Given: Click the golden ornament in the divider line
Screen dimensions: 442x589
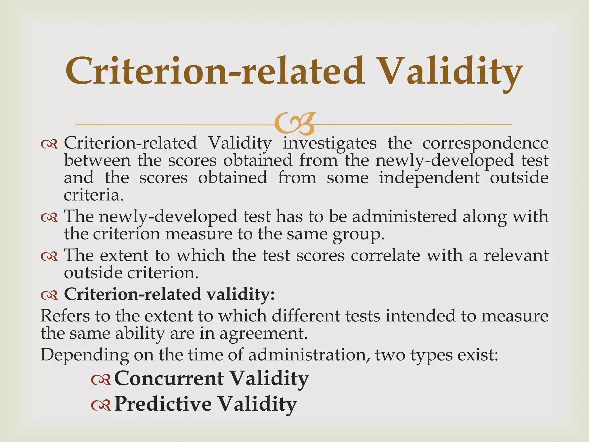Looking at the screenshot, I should [x=295, y=124].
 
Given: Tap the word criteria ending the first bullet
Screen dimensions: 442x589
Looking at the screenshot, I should [x=94, y=195].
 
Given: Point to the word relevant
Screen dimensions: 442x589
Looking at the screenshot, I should [x=516, y=256].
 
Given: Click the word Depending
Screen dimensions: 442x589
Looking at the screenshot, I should [x=85, y=355].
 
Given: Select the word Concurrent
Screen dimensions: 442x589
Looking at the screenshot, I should [x=169, y=378].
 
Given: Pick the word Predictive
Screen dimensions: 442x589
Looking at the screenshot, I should [x=163, y=404].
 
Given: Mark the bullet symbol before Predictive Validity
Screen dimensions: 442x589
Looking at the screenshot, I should [x=101, y=405].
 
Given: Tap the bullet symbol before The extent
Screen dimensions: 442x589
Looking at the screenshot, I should [x=49, y=256].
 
